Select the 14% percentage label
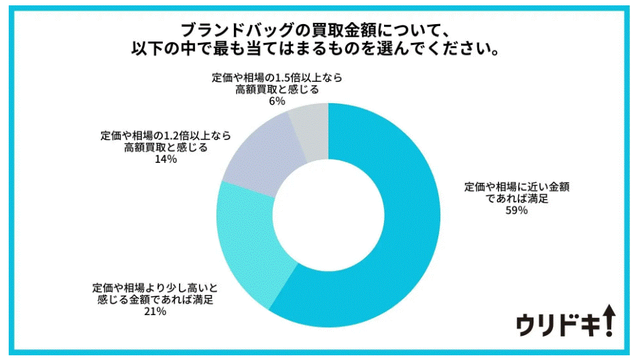[166, 160]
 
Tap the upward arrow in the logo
[608, 319]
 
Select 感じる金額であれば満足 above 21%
[152, 300]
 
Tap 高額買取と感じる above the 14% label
[166, 147]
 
